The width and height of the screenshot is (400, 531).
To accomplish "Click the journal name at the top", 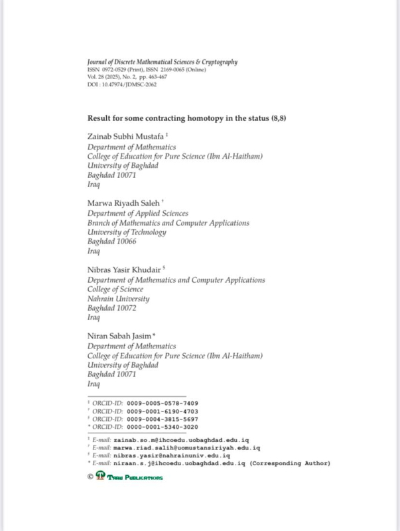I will (x=163, y=62).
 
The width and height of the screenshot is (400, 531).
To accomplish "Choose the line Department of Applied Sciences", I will (x=138, y=214).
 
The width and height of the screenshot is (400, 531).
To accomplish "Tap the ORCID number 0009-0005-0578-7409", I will (x=165, y=403).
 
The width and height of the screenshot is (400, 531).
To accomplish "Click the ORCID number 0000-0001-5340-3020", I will (x=165, y=427).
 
